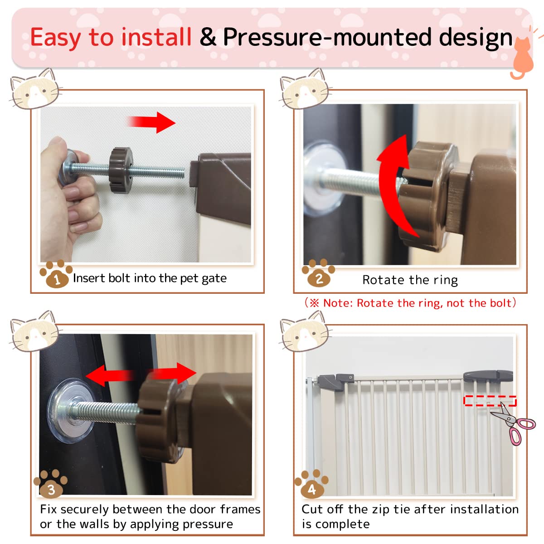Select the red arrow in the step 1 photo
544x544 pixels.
(x=152, y=122)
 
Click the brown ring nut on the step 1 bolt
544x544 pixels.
(x=121, y=166)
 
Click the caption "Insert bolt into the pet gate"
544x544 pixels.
(x=150, y=278)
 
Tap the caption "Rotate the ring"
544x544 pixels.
(x=410, y=280)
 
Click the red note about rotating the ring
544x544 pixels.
(x=410, y=303)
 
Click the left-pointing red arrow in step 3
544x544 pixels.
(x=109, y=376)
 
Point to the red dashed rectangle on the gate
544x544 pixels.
(x=490, y=400)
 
